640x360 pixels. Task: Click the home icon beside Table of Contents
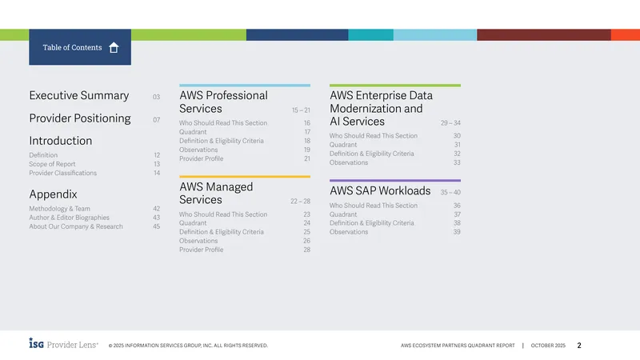114,48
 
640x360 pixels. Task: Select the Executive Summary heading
78,95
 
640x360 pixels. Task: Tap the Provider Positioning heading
80,118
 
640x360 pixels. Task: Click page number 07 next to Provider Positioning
156,119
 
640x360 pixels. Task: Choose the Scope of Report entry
52,164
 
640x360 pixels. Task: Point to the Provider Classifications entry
63,173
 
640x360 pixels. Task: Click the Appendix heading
53,194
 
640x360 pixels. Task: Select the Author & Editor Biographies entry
69,218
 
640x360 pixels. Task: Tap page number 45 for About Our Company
156,226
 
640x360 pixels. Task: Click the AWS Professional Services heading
223,102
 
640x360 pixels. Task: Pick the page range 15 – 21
301,110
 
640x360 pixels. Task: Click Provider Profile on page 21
202,158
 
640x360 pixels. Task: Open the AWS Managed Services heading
216,193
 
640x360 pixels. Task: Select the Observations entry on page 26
198,241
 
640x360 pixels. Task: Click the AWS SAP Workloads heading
380,191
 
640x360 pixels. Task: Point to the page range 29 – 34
450,123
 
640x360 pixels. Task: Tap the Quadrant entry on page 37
343,214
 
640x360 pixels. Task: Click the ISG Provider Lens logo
64,344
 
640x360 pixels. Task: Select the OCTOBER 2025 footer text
548,346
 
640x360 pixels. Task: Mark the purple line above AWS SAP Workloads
395,181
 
